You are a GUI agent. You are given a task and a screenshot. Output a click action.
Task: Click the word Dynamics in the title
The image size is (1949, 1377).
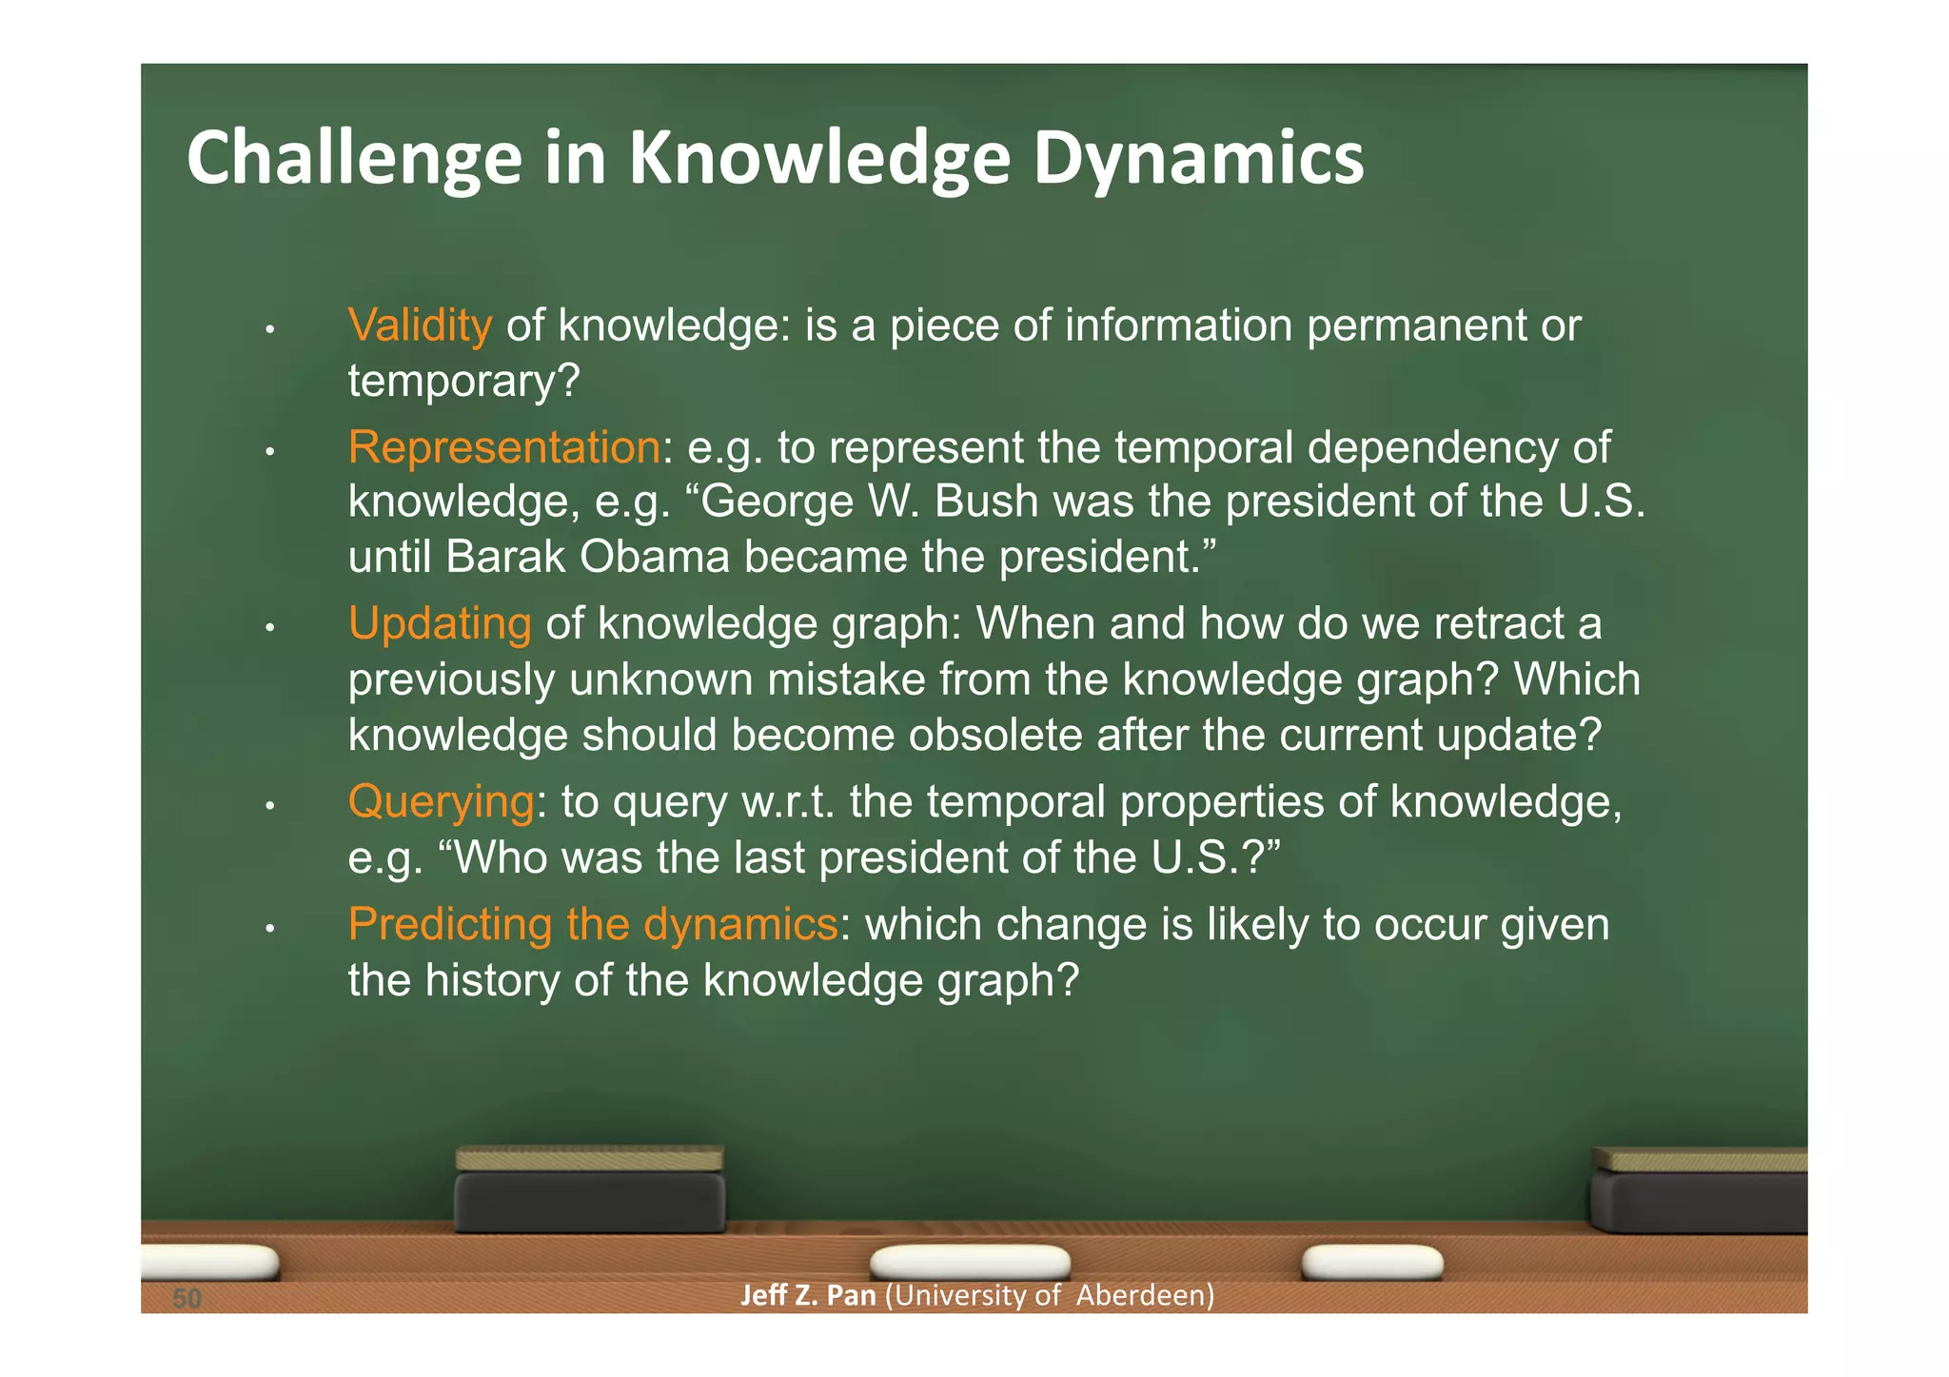(x=1198, y=158)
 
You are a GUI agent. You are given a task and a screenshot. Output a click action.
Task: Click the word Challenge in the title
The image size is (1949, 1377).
(x=354, y=158)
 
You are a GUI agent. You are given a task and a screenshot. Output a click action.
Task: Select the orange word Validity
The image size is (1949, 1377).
(x=420, y=325)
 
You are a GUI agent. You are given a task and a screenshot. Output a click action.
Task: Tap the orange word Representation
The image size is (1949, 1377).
(x=503, y=447)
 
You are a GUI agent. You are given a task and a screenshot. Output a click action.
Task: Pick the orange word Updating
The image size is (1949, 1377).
(x=439, y=624)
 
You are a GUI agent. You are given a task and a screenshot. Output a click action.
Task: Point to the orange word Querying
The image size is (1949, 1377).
(x=441, y=801)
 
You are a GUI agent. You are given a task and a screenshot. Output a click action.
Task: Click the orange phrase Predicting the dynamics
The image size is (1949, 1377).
(x=592, y=924)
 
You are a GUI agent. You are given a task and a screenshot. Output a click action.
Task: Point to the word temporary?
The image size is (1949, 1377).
(x=463, y=382)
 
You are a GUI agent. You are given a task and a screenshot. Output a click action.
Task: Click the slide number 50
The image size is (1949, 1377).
(x=187, y=1298)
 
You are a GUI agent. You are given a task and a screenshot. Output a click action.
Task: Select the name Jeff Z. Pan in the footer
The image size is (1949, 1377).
(x=807, y=1295)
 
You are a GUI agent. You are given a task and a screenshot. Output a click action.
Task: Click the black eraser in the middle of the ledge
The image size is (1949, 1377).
(x=589, y=1191)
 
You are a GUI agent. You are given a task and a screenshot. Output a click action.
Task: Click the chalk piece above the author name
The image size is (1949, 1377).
(x=970, y=1262)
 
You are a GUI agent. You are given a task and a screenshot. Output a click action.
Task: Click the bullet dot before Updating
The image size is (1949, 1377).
(x=270, y=628)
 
